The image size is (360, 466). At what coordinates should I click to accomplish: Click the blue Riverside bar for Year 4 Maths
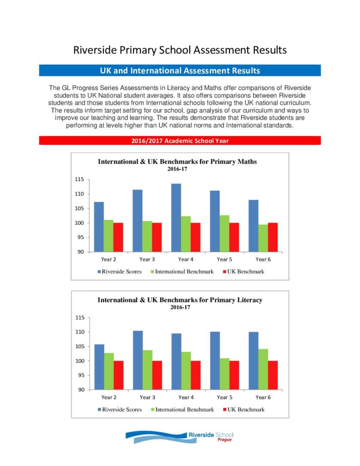coord(176,218)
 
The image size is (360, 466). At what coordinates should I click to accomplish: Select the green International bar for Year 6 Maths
coord(263,238)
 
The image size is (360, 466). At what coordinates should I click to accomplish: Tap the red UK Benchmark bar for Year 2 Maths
coord(118,237)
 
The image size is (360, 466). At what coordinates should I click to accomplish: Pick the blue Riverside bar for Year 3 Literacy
coord(137,360)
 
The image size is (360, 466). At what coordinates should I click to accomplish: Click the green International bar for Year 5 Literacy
coord(224,374)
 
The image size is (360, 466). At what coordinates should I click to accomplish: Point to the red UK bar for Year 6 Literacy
coord(273,375)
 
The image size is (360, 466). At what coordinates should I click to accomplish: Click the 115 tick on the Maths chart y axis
coord(79,179)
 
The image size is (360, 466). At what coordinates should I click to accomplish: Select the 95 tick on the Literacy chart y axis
coord(81,375)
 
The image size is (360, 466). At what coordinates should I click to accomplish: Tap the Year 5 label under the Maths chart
coord(224,259)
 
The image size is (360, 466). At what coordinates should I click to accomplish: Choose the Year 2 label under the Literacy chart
coord(109,397)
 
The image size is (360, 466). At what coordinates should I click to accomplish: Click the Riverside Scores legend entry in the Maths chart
coord(120,271)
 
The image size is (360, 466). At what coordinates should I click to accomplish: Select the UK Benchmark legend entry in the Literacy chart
coord(244,410)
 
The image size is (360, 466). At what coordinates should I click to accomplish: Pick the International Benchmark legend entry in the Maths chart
coord(182,271)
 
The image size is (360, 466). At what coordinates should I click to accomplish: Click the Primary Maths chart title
coord(177,162)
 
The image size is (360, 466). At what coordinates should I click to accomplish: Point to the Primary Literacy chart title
coord(180,300)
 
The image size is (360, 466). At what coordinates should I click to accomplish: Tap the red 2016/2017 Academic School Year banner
coord(180,141)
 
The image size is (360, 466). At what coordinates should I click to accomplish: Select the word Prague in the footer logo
coord(224,440)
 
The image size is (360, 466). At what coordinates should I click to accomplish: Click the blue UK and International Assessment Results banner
coord(180,71)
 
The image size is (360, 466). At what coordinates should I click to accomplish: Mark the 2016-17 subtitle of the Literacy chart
coord(180,307)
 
